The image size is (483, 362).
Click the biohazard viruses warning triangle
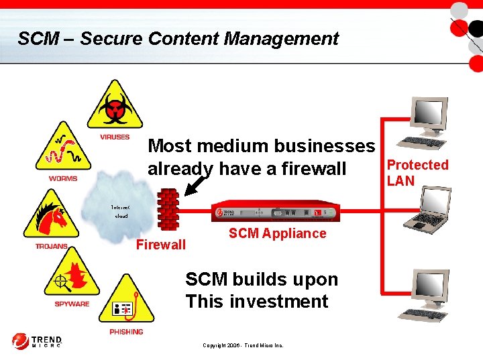(115, 107)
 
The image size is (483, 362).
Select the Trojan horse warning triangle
(51, 217)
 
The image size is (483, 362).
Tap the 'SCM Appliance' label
(277, 233)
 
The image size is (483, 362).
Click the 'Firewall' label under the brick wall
(161, 245)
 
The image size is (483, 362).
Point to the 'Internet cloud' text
(121, 211)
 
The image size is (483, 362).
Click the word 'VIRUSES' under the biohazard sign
(115, 137)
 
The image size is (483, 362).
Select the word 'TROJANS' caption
(52, 246)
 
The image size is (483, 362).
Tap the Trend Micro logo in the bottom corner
(37, 341)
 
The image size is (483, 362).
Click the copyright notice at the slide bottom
(243, 345)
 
